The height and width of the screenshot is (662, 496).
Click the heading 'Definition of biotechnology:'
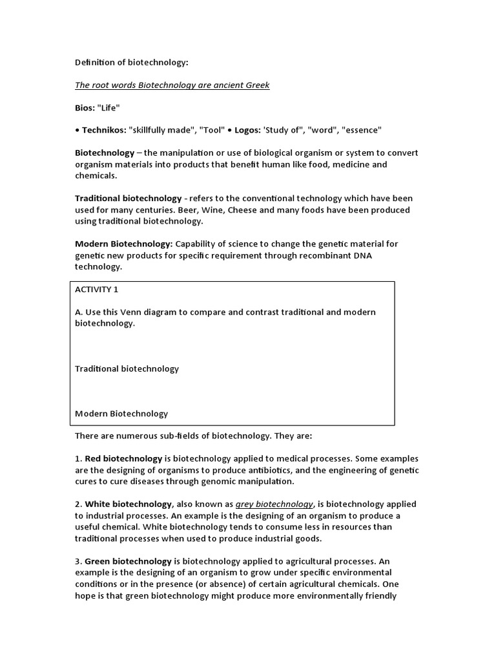tap(132, 63)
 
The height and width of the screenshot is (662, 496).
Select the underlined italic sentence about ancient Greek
tap(172, 85)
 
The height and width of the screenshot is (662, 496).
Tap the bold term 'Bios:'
tap(85, 108)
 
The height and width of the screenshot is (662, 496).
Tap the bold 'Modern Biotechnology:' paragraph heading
tap(124, 244)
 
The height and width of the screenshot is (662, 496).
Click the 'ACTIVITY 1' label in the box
tap(97, 290)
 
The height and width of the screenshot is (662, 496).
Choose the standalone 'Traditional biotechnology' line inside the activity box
tap(127, 368)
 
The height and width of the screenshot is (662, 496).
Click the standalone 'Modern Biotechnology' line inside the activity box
tap(121, 414)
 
